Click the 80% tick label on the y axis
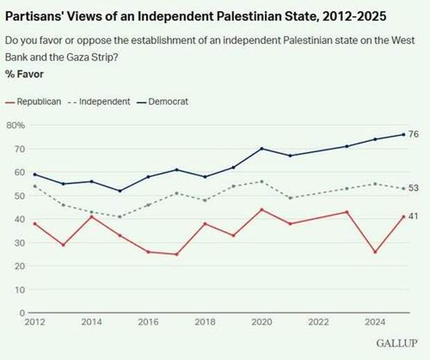point(16,126)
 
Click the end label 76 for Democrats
point(413,135)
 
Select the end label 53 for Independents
point(413,188)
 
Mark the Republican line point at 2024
point(375,252)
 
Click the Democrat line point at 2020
point(261,148)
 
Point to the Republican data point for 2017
point(176,254)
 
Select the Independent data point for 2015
point(119,216)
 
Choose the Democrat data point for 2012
point(35,174)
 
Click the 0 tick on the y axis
point(22,313)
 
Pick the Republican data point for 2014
point(91,216)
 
